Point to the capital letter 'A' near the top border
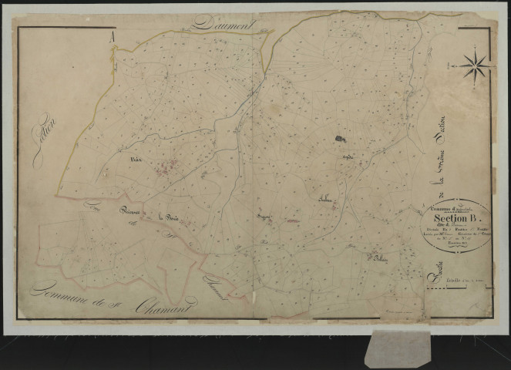pos(113,35)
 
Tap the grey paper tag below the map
pos(398,348)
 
